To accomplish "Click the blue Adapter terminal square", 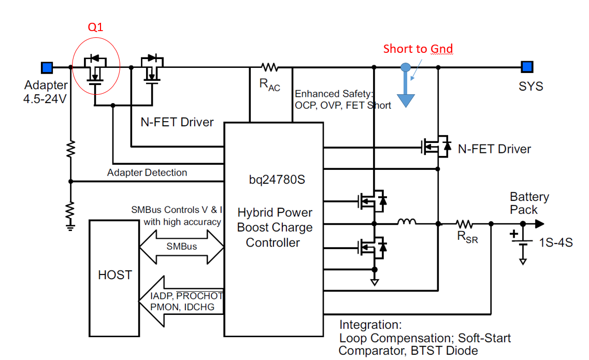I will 47,67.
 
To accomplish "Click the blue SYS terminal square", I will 527,67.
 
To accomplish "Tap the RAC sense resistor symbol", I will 269,67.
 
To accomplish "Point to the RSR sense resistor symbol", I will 464,224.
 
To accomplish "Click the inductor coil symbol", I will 407,223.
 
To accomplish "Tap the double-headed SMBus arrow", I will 181,246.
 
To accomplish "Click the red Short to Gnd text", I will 418,49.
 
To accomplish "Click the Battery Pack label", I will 529,203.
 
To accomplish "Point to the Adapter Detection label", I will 147,172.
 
